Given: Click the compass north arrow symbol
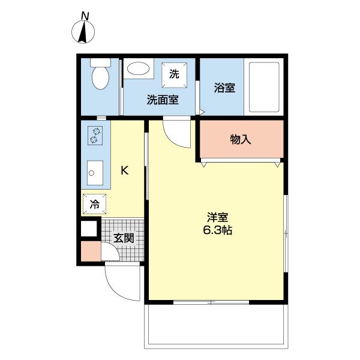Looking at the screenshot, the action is click(x=83, y=32).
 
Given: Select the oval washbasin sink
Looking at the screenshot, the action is click(x=138, y=68).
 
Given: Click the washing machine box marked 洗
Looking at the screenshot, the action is click(x=174, y=75).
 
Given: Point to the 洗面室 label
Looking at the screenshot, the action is click(x=163, y=100).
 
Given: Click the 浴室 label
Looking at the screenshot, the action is click(x=224, y=88).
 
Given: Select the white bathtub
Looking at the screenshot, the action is click(x=264, y=87).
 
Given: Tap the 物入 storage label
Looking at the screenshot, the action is click(x=241, y=139).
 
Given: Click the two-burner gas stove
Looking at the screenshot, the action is click(x=95, y=136).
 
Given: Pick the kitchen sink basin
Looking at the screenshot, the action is click(x=95, y=173).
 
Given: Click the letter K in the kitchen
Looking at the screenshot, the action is click(x=125, y=170).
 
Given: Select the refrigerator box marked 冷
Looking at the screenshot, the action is click(x=95, y=204).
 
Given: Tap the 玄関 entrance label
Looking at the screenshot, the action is click(x=124, y=238).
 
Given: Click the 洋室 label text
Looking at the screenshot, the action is click(x=217, y=217).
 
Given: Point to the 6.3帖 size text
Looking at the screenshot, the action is click(x=217, y=230).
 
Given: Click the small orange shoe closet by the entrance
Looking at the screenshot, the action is click(x=91, y=251).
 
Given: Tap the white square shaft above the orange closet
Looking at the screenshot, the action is click(x=89, y=229).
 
